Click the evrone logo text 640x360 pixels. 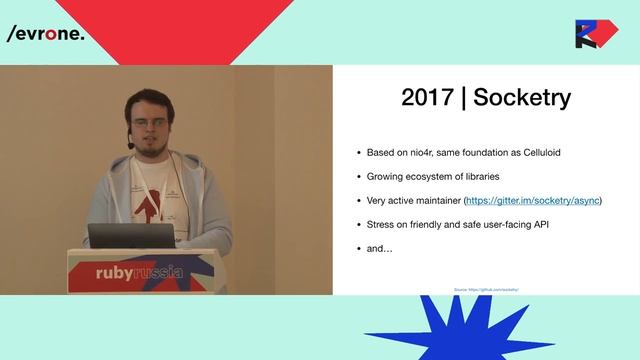[46, 33]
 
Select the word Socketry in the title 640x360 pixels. [522, 97]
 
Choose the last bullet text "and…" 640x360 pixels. [381, 249]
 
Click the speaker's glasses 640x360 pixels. [147, 122]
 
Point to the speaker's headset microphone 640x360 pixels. [131, 144]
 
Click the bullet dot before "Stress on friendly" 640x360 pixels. [360, 225]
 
